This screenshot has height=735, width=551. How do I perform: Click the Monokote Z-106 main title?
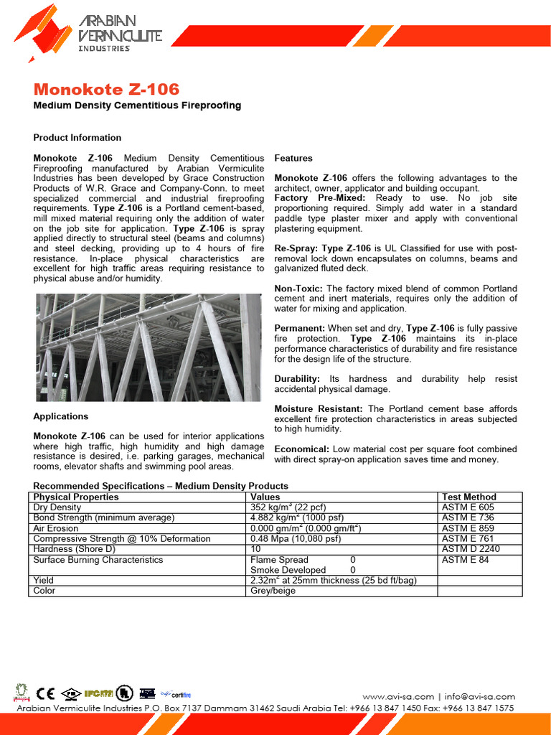point(107,90)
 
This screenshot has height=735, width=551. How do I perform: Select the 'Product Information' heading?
point(77,137)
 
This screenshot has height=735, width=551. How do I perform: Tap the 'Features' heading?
point(293,158)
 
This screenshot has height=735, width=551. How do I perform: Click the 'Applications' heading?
point(61,416)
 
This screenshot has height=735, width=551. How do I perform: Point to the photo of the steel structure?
point(149,347)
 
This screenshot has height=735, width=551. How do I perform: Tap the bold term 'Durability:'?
point(297,379)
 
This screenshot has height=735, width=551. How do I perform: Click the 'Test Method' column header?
point(468,497)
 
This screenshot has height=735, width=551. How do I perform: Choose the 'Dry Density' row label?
point(58,507)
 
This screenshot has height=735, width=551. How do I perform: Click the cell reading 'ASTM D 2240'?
point(471,549)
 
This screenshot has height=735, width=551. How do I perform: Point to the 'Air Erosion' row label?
point(56,528)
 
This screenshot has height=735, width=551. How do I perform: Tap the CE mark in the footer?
point(46,693)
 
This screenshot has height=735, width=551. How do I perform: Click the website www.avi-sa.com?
point(398,696)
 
